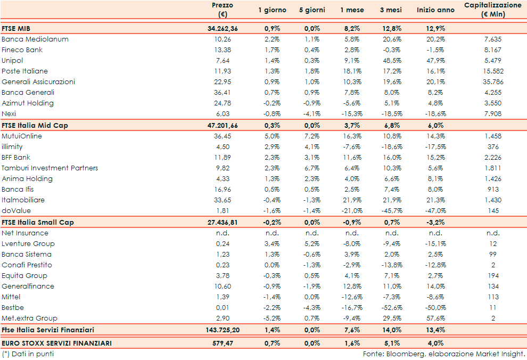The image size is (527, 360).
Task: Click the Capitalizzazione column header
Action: (492, 10)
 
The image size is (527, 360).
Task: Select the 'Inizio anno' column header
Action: (435, 10)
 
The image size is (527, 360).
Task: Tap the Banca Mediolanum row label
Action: (35, 39)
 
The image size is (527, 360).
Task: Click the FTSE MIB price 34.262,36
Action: (223, 28)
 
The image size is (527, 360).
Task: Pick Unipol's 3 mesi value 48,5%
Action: (392, 61)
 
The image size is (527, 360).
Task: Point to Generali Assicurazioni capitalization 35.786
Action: (492, 82)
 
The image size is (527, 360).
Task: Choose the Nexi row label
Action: (9, 114)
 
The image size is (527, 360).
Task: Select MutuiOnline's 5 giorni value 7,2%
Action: (312, 136)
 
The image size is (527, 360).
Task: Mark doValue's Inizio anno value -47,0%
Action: (435, 211)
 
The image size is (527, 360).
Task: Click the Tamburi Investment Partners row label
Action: (50, 168)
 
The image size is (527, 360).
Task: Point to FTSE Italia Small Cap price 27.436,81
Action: (223, 222)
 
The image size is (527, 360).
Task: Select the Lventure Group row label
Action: (28, 244)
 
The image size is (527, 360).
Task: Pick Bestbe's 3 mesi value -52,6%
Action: (392, 308)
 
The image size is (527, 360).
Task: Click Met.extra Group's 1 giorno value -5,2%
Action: (272, 318)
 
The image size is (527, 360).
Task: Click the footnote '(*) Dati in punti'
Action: (28, 354)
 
